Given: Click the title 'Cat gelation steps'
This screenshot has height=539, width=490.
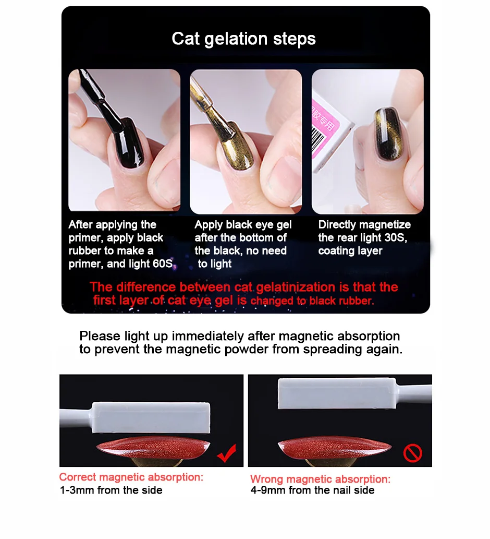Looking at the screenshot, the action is [243, 39].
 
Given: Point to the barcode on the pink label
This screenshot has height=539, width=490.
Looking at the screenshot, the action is [318, 139].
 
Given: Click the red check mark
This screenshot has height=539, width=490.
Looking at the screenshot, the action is [227, 453].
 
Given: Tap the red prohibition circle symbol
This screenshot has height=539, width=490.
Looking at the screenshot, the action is [413, 453].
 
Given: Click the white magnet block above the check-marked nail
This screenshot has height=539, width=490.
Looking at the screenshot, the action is [151, 417].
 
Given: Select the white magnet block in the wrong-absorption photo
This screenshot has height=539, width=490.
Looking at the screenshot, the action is [337, 393].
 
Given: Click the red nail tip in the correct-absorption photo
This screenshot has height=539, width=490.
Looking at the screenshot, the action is [153, 447].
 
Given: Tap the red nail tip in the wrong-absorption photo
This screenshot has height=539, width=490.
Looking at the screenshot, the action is [335, 448].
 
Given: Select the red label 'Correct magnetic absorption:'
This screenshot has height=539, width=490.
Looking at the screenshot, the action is [131, 477].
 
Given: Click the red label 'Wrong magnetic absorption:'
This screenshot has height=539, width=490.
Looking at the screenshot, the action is [321, 479].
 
